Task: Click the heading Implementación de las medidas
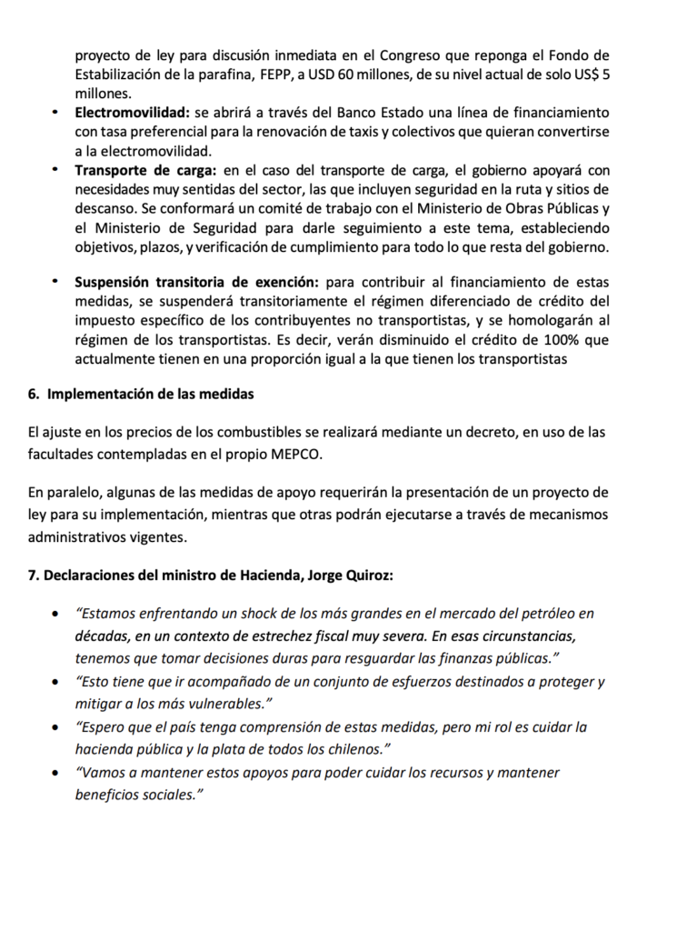pyautogui.click(x=151, y=395)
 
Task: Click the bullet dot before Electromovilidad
pyautogui.click(x=55, y=113)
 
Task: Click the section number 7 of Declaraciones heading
pyautogui.click(x=34, y=576)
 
